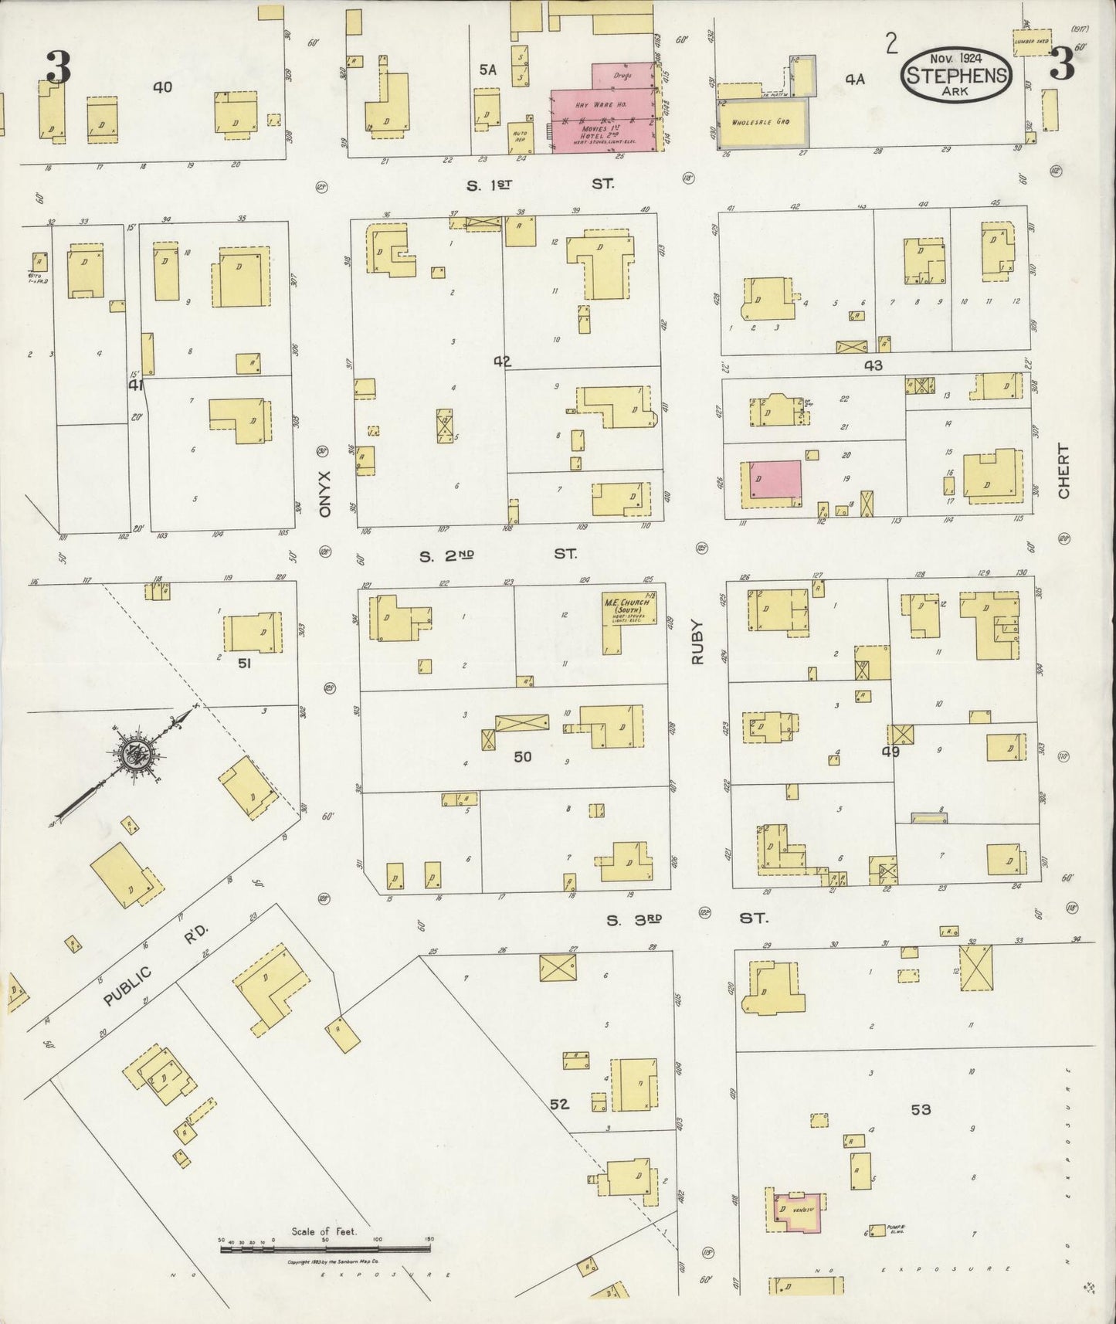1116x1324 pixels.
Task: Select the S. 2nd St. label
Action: [497, 555]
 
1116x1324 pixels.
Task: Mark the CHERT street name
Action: [1064, 470]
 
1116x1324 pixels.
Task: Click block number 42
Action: [504, 362]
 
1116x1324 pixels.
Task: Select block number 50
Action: [523, 757]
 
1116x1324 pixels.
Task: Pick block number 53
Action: [921, 1110]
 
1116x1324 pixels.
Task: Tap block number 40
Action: [162, 87]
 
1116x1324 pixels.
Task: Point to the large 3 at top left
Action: [58, 67]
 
